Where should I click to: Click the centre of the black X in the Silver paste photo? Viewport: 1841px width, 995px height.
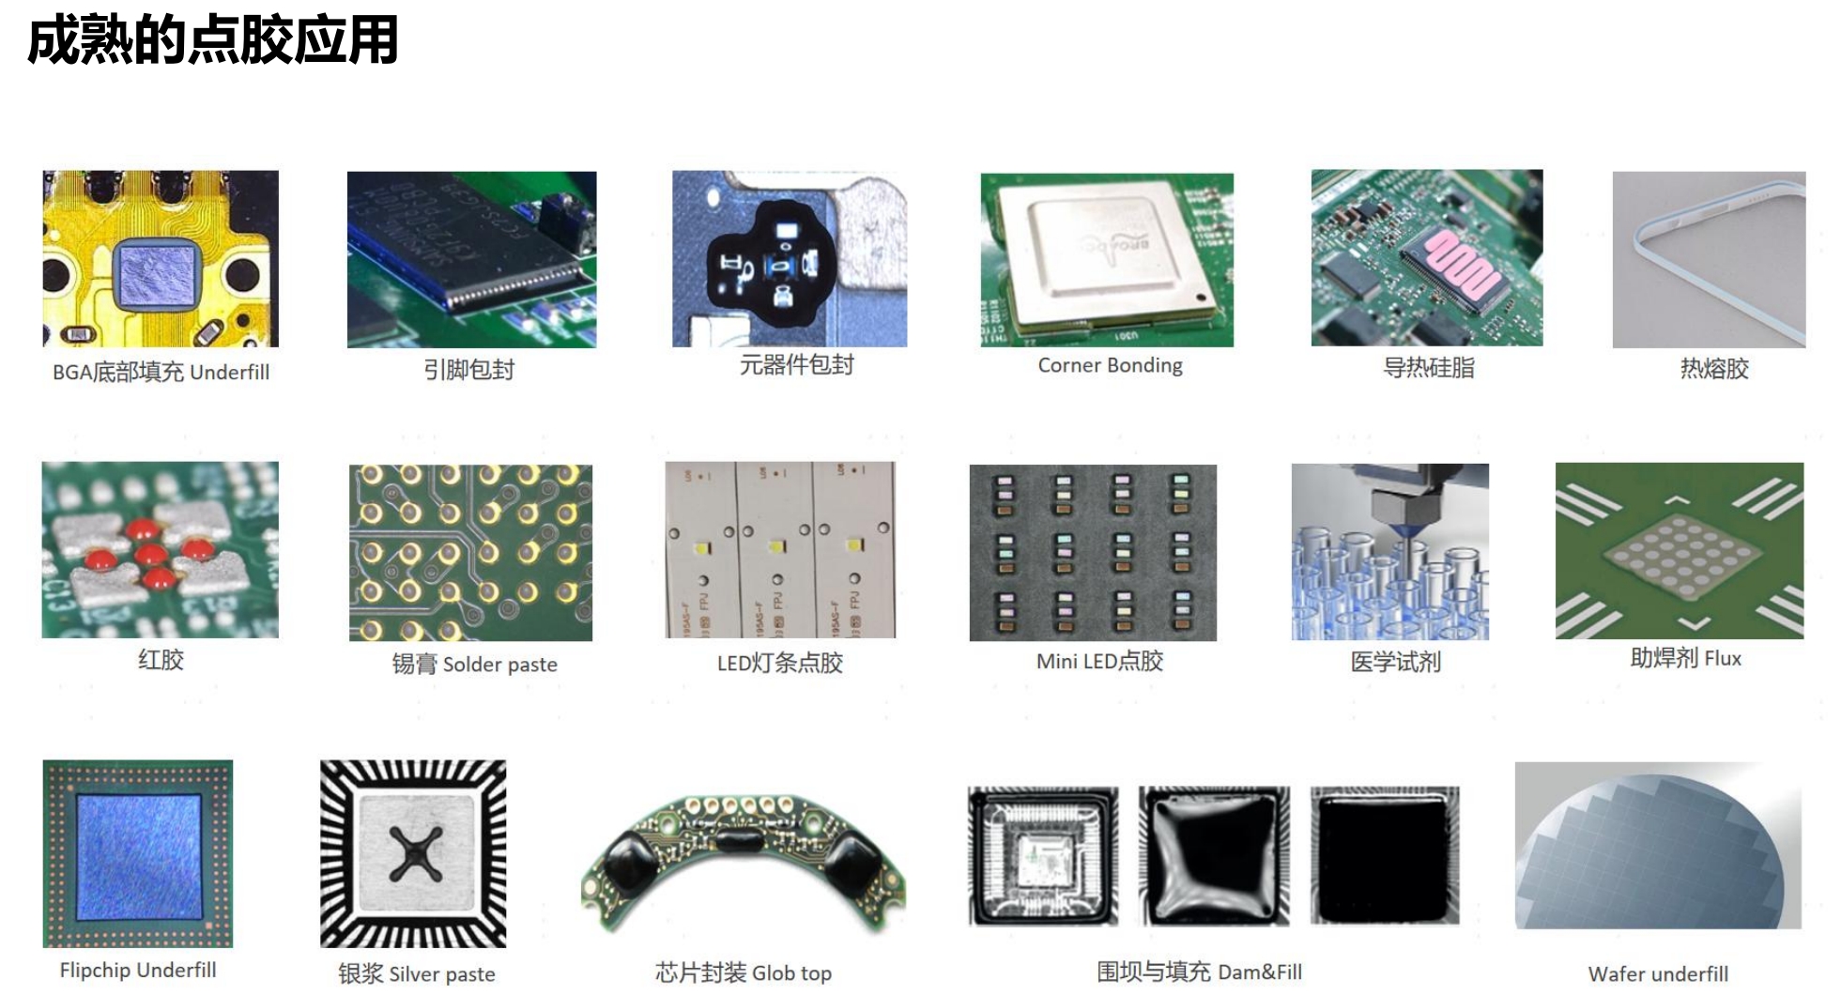(415, 854)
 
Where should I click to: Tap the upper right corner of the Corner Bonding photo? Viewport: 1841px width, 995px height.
(1234, 174)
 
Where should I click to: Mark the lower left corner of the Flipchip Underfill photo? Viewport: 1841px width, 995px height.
(43, 947)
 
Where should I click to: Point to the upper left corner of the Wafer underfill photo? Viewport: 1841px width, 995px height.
(1515, 762)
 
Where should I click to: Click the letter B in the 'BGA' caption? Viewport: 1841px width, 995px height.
(59, 373)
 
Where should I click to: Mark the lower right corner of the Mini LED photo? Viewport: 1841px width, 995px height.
(1217, 640)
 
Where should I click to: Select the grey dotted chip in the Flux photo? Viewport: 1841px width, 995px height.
(1680, 559)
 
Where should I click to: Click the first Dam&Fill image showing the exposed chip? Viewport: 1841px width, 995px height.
(1043, 856)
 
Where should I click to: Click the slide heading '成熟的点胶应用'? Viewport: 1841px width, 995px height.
(213, 40)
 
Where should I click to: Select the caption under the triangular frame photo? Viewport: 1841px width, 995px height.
(1714, 368)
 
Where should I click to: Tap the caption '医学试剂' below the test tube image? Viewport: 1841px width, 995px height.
(1395, 662)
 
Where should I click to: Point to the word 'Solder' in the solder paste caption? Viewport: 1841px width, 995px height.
(472, 665)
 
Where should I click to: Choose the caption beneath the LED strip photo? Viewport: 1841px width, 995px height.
(780, 663)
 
